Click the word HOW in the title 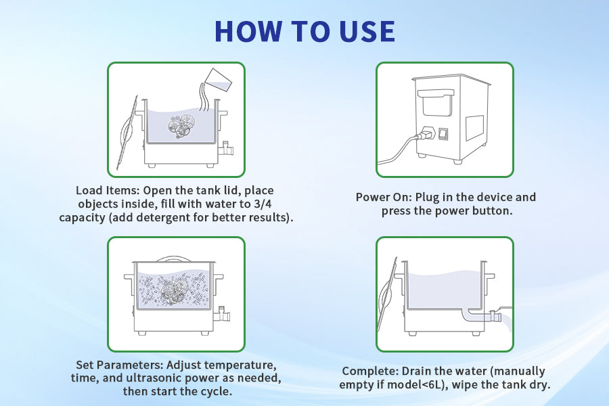(x=248, y=31)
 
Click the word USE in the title (x=367, y=31)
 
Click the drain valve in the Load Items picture (x=226, y=149)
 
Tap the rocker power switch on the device (x=443, y=134)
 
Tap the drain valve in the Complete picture (x=494, y=316)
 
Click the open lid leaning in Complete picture (x=387, y=294)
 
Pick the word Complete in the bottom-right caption (x=370, y=371)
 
